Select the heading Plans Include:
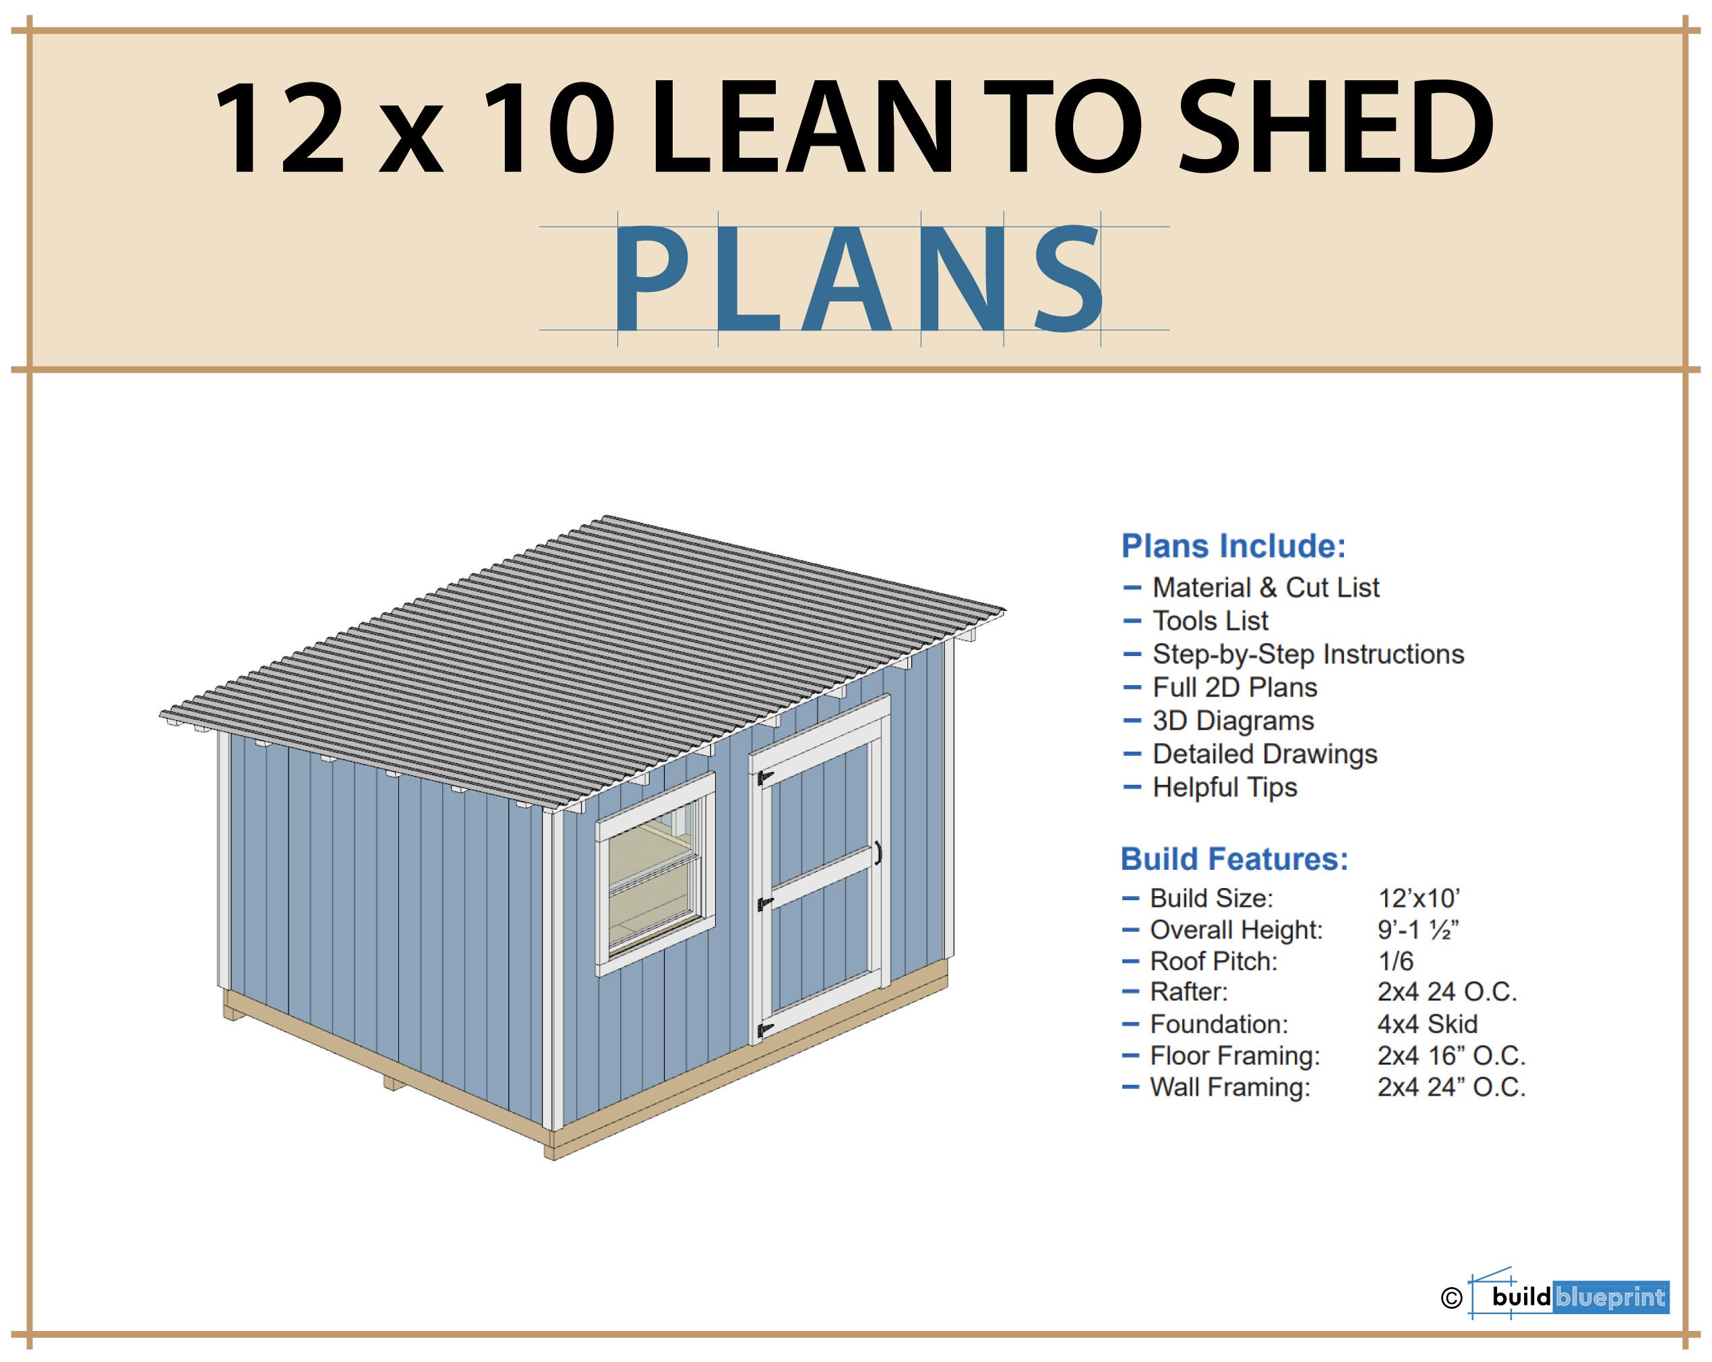pos(1233,546)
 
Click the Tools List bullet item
pos(1210,620)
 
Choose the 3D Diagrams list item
pos(1233,720)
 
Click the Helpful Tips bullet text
pos(1225,787)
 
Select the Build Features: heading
pos(1234,859)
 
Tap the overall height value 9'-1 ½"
pos(1418,929)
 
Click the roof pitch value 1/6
pos(1395,961)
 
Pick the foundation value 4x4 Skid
pos(1427,1024)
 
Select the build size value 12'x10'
pos(1418,898)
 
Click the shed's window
pos(655,874)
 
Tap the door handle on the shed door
pos(878,853)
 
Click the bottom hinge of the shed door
pos(765,1030)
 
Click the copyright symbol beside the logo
pos(1450,1298)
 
